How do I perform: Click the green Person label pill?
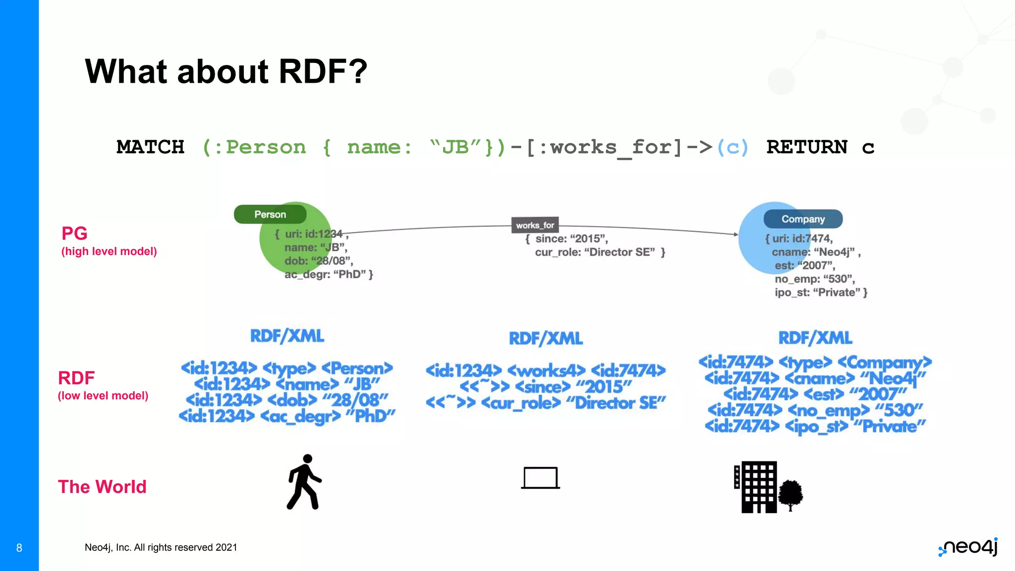270,214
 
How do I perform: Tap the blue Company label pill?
803,219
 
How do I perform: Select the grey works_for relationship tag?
535,225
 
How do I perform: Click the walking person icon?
304,482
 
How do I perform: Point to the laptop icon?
540,478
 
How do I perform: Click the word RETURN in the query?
806,147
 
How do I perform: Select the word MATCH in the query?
150,147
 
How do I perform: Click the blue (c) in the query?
733,147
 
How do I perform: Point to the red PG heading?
74,233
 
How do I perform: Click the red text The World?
102,487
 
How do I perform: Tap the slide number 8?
19,548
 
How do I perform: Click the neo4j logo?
968,547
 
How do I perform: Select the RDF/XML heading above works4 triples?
546,339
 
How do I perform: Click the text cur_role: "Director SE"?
600,252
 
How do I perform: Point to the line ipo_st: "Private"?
821,292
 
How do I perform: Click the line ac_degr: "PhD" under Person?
328,274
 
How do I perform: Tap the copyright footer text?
161,547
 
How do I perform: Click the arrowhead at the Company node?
735,234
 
